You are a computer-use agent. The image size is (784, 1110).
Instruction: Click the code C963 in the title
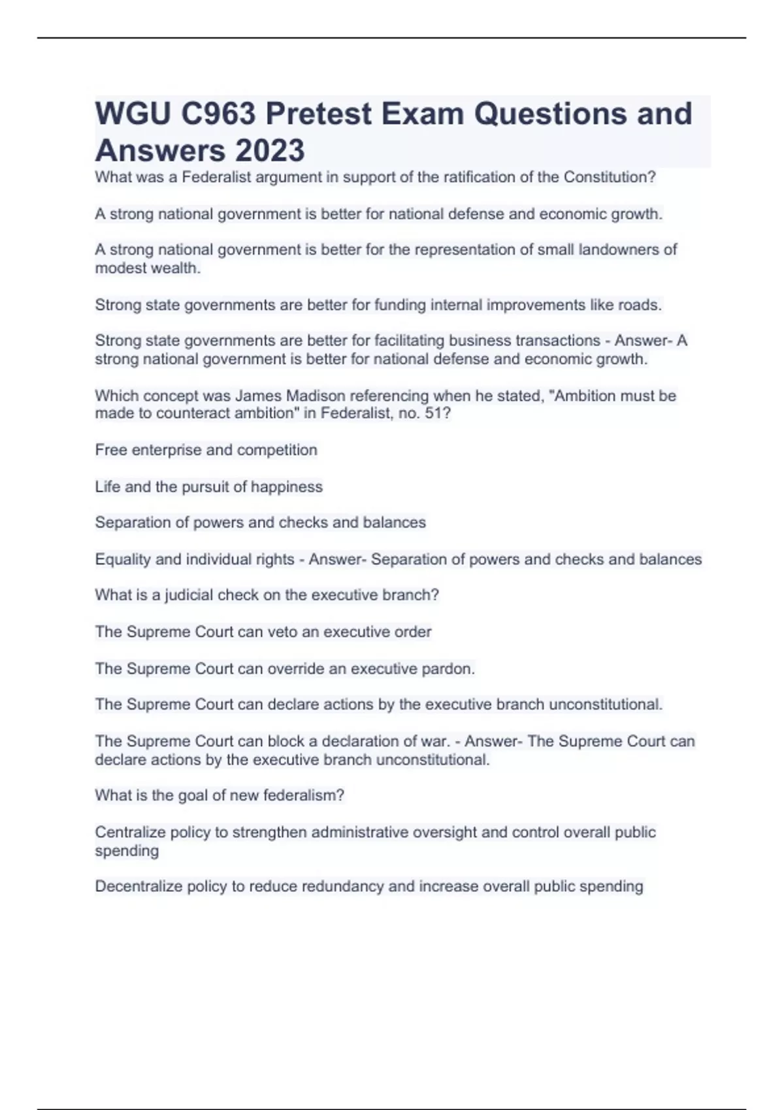[218, 114]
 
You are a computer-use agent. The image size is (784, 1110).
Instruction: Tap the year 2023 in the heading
[269, 150]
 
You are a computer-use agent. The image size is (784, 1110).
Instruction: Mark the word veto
[282, 632]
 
